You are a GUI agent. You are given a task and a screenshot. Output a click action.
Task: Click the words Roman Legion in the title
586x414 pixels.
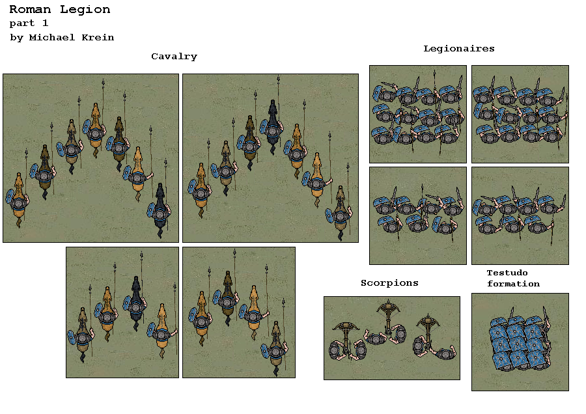60,10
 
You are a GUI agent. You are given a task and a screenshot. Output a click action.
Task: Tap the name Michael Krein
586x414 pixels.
72,38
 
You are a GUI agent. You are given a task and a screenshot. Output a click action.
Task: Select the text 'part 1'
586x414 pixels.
29,23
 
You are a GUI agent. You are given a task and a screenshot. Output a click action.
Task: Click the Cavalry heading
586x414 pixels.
174,57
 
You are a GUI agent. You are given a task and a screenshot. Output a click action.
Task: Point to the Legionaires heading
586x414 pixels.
458,49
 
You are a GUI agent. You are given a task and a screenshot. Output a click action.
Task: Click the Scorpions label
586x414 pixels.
389,283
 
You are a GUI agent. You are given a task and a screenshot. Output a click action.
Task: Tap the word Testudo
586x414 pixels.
507,273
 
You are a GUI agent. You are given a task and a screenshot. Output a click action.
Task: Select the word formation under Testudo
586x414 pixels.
513,284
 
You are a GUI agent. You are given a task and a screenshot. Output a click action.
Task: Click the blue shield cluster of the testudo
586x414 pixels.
518,344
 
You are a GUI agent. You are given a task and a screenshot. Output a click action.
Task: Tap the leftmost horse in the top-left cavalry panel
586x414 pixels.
18,199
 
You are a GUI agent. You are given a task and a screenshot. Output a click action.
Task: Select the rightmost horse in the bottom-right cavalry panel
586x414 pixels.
277,345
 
